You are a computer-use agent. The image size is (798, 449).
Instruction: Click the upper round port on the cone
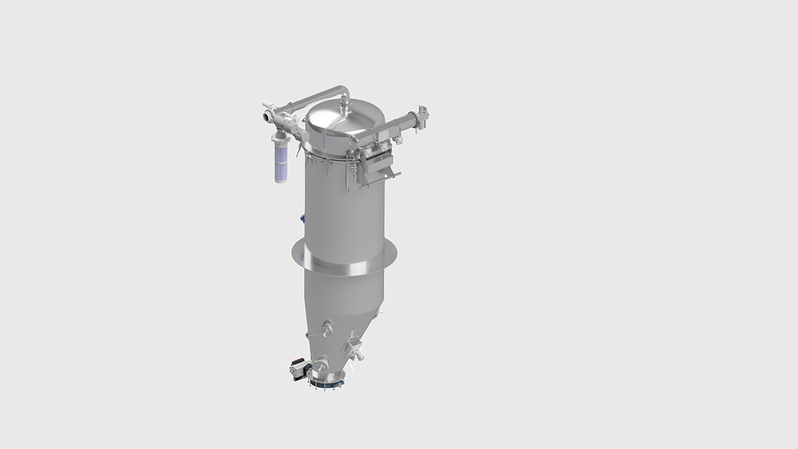(327, 327)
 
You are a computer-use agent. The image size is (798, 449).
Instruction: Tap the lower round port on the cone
(323, 363)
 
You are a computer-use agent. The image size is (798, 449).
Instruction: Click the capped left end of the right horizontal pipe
(354, 141)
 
